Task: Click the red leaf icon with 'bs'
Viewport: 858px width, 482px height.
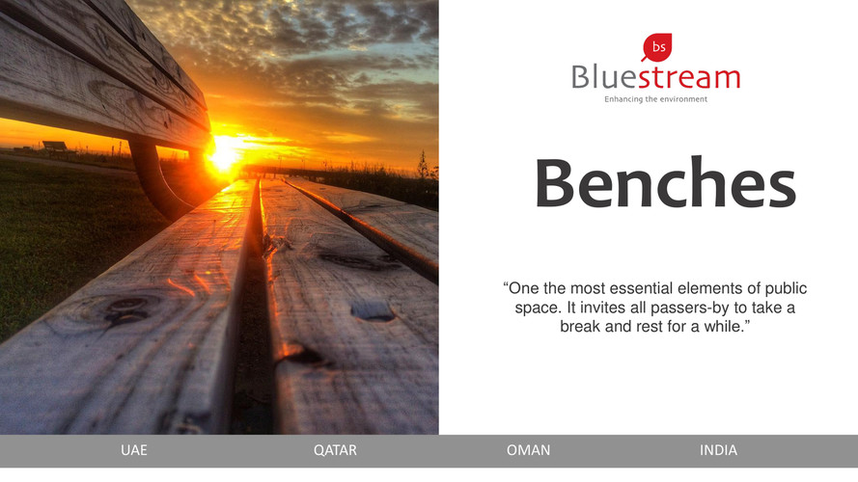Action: click(x=656, y=47)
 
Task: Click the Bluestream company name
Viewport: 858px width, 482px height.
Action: click(x=655, y=77)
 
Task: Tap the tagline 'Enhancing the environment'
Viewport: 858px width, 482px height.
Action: click(x=655, y=99)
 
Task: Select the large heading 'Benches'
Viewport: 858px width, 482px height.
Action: click(x=665, y=182)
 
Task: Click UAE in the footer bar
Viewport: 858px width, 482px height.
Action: click(x=134, y=450)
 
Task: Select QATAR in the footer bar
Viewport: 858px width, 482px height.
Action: click(x=335, y=450)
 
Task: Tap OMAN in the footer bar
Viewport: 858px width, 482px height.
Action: click(x=528, y=450)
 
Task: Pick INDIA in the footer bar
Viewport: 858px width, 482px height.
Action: click(x=718, y=450)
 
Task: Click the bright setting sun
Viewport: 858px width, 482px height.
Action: click(x=223, y=152)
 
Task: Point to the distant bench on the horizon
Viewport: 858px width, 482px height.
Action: click(x=55, y=147)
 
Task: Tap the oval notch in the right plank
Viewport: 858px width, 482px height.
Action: click(x=373, y=311)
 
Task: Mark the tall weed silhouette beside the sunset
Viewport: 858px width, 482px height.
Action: click(x=423, y=166)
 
